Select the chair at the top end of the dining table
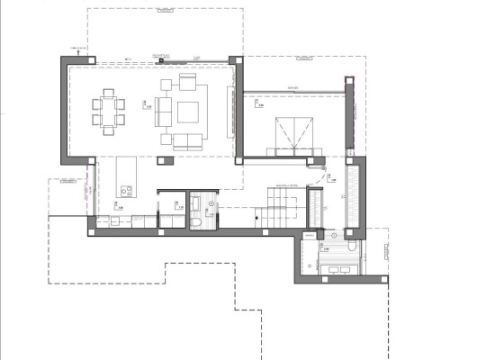[109, 92]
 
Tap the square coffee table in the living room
[189, 112]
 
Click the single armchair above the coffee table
[188, 83]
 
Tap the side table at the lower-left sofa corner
[164, 139]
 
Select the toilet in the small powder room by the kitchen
[197, 222]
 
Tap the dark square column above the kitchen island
[163, 159]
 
